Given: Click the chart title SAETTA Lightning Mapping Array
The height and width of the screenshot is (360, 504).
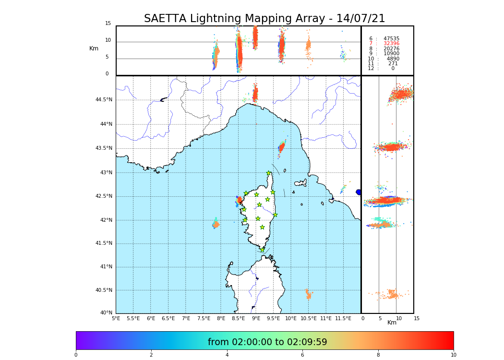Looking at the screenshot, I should [x=264, y=19].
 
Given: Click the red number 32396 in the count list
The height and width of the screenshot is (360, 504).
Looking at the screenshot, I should [x=391, y=44].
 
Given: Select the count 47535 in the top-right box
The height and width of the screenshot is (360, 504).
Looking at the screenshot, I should [x=391, y=38].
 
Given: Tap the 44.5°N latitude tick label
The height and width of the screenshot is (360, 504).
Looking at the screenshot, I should [x=103, y=100].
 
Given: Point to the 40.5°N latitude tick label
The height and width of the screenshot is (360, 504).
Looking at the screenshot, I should [x=103, y=290].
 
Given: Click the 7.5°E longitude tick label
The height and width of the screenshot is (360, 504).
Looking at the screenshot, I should [x=204, y=318].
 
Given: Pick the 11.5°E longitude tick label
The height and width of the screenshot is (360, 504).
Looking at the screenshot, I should [x=343, y=318].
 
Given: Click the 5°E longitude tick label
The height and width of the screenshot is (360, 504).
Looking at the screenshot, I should [x=116, y=318].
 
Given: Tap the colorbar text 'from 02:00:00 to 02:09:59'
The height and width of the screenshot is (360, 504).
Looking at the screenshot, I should [x=267, y=342].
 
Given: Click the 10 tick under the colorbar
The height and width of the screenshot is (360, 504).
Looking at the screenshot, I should [x=453, y=355].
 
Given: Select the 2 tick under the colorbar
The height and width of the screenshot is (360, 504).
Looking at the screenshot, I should [x=151, y=355].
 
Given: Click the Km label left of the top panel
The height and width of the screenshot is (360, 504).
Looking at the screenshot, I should [x=94, y=48].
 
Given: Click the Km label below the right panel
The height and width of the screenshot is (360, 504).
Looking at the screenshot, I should [x=392, y=323].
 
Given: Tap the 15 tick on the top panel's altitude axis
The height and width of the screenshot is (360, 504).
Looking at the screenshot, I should [x=108, y=24].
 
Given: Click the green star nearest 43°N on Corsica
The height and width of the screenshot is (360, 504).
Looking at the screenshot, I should [x=269, y=173].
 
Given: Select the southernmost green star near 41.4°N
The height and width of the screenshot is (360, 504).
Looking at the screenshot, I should [x=263, y=250].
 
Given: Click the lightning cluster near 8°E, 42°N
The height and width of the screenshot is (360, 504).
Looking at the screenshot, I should [x=216, y=224].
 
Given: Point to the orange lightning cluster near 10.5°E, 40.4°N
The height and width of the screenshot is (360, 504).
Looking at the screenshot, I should [x=308, y=294].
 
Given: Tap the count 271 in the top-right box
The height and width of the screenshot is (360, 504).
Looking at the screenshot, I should [x=393, y=63].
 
